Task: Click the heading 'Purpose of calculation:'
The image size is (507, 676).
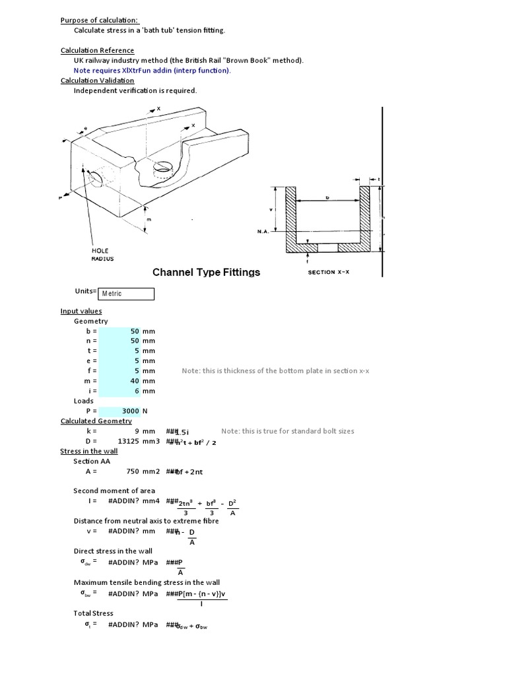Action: tap(100, 20)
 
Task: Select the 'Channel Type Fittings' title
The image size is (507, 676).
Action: tap(206, 272)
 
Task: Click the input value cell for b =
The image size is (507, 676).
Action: tap(119, 331)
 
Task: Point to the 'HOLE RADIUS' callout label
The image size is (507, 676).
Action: tap(102, 255)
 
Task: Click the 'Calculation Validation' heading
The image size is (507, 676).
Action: tap(97, 81)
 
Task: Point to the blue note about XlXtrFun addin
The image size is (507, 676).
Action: tap(152, 71)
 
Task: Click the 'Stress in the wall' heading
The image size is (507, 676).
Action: tap(89, 451)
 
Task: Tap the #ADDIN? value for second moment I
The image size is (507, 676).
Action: tap(127, 501)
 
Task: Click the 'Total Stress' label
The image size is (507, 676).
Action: tap(93, 613)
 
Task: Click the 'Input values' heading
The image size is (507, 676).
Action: tap(81, 311)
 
